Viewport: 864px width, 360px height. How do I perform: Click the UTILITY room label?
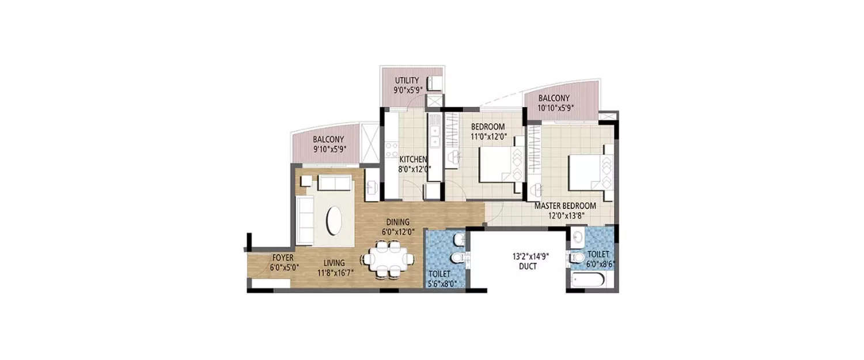point(407,80)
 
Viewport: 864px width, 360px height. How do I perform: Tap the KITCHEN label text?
point(414,159)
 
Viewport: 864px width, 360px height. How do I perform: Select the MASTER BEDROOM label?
point(564,206)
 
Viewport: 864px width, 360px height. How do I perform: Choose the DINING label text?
point(398,222)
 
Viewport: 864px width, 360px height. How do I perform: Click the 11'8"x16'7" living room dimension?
point(335,273)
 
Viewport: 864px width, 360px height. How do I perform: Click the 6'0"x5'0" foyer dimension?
point(284,267)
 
